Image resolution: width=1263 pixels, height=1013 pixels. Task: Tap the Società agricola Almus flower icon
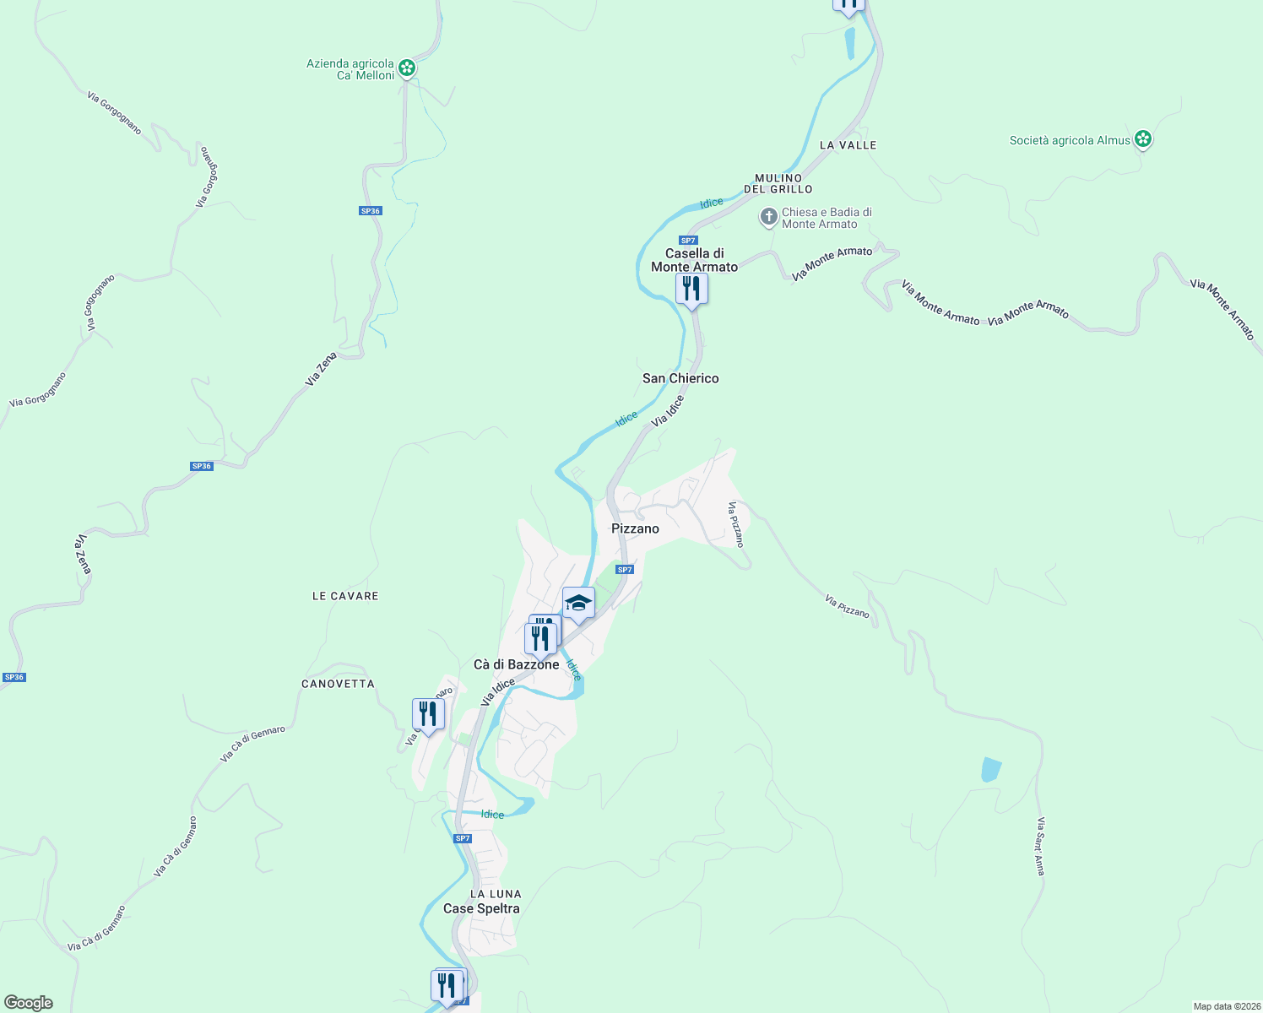pos(1142,139)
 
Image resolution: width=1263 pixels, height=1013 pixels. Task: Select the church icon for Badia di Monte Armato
pos(768,218)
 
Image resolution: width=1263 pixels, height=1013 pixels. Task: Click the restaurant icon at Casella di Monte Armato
pos(691,290)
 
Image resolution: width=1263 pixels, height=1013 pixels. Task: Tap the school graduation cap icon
pos(578,604)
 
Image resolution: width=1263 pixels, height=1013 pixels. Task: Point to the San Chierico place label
pos(680,378)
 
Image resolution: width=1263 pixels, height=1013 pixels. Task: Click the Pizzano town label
pos(635,528)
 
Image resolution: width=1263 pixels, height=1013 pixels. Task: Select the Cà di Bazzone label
pos(516,664)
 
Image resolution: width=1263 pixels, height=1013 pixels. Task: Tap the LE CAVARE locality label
pos(345,596)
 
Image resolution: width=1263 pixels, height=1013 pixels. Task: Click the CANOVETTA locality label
pos(338,684)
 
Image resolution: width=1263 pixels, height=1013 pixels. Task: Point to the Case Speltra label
pos(481,908)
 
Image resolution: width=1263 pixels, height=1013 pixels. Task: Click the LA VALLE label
pos(848,145)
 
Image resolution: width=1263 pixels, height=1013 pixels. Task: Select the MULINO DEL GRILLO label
pos(778,183)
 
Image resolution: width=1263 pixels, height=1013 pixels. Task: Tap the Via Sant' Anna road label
pos(1041,846)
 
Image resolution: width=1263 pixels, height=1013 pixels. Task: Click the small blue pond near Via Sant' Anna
pos(990,770)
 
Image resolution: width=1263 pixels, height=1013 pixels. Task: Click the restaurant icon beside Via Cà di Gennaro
pos(428,715)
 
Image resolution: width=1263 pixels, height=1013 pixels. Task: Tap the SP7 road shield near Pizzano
pos(624,570)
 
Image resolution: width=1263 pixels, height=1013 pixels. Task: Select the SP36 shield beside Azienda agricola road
pos(371,211)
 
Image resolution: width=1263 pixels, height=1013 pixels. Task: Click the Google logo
pos(29,1003)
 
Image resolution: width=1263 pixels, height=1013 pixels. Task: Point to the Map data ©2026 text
pos(1225,1006)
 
